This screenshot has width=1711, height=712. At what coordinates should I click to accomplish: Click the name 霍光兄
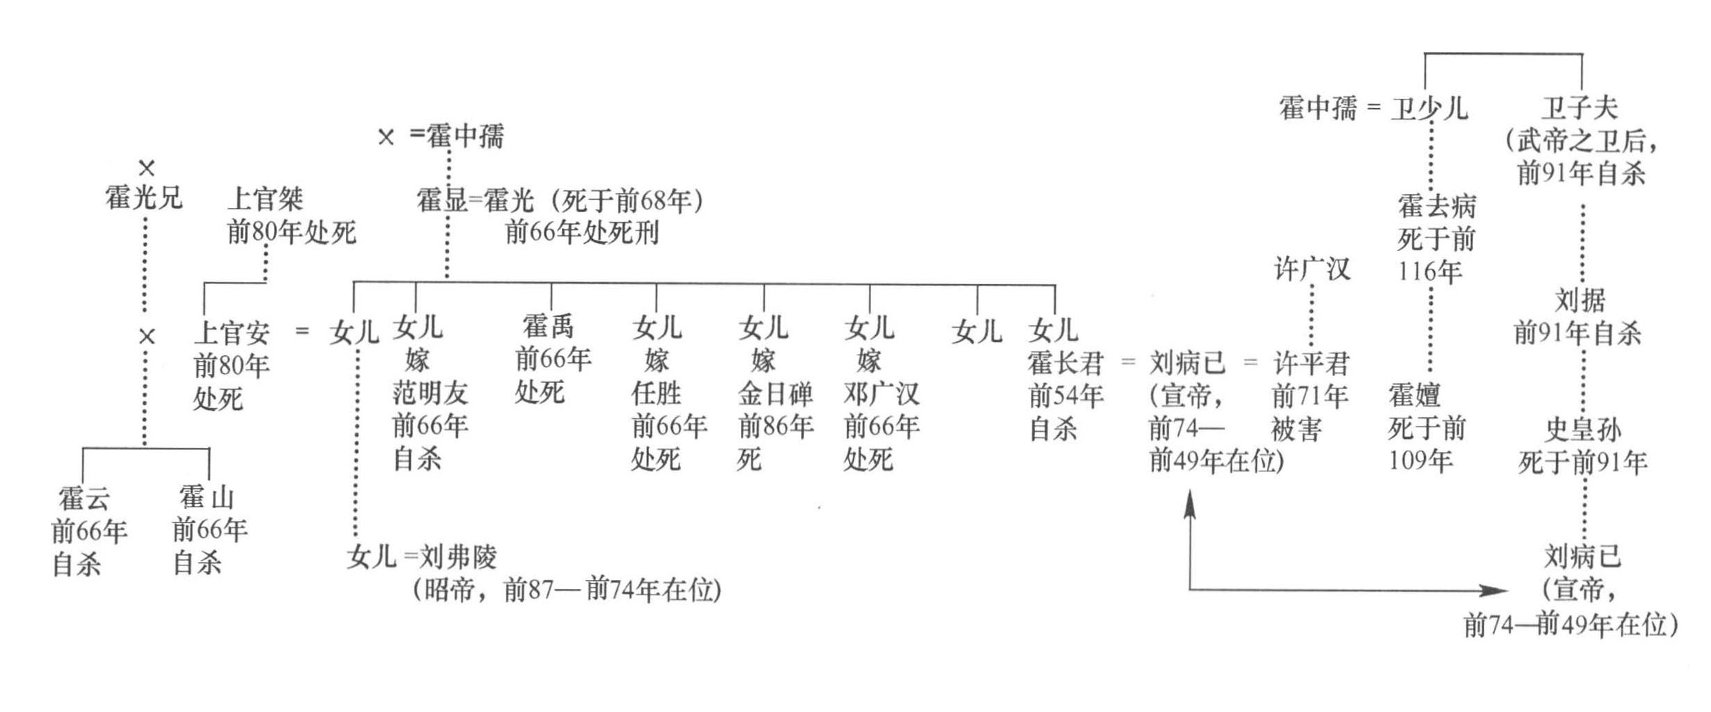click(x=143, y=198)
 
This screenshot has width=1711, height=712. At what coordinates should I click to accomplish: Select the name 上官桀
click(x=265, y=199)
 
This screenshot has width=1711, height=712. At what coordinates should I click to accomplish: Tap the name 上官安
click(x=231, y=332)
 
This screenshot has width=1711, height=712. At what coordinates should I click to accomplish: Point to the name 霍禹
click(x=548, y=326)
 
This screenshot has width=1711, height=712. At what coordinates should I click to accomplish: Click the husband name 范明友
click(x=430, y=393)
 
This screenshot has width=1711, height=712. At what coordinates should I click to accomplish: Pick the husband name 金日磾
click(x=775, y=393)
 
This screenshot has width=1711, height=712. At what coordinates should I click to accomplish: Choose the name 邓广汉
click(x=881, y=393)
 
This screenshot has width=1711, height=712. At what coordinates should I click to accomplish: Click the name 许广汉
click(x=1312, y=268)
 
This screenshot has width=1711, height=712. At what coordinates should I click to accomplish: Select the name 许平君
click(x=1311, y=363)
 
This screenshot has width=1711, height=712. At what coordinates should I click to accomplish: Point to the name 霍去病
click(x=1436, y=206)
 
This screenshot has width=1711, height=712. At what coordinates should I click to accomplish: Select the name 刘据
click(x=1580, y=300)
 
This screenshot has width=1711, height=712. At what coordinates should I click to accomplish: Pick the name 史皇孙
click(x=1583, y=429)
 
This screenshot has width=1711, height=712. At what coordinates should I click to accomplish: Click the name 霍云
click(x=84, y=498)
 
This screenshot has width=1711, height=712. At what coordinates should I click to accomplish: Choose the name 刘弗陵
click(x=458, y=556)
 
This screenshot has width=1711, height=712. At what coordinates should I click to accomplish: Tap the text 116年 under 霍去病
click(x=1429, y=272)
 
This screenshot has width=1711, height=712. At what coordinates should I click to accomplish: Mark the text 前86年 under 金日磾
click(x=775, y=426)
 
